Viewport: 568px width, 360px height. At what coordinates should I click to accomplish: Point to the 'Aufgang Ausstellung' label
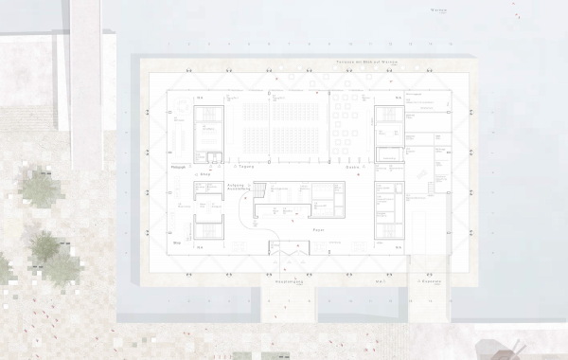pyautogui.click(x=239, y=187)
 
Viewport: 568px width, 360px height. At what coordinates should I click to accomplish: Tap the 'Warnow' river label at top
pyautogui.click(x=436, y=10)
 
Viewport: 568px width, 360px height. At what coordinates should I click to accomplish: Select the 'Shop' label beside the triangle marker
pyautogui.click(x=202, y=175)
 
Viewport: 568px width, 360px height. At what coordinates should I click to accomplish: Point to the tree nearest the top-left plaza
pyautogui.click(x=40, y=188)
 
